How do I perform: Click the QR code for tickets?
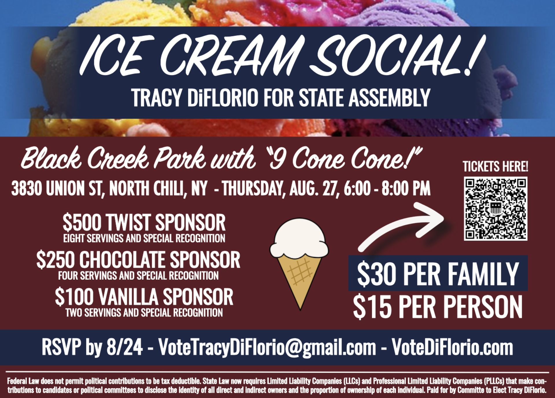(495, 209)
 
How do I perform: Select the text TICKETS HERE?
(495, 167)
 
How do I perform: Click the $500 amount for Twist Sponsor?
(82, 222)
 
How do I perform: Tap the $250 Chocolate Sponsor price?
(55, 259)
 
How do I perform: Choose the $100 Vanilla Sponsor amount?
(74, 296)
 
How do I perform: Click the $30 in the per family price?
(376, 274)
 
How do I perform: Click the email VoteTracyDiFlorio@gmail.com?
(267, 347)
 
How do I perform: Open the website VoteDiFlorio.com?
(452, 347)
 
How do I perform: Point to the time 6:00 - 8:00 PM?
(387, 188)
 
